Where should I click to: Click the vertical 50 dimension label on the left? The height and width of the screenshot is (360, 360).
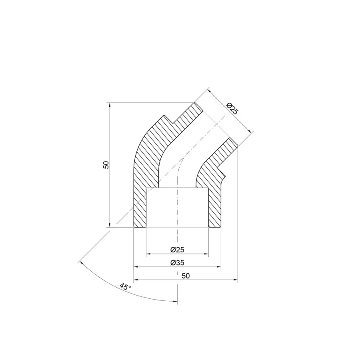[106, 164]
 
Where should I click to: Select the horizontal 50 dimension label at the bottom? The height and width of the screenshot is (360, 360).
[185, 276]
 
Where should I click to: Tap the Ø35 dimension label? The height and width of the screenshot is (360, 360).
[177, 263]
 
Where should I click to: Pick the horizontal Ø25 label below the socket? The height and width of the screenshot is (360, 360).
[177, 250]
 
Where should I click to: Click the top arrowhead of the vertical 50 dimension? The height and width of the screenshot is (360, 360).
[109, 105]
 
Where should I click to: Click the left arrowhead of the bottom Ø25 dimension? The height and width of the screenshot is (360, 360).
[149, 254]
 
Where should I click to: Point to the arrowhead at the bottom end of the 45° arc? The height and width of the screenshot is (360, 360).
[175, 302]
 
